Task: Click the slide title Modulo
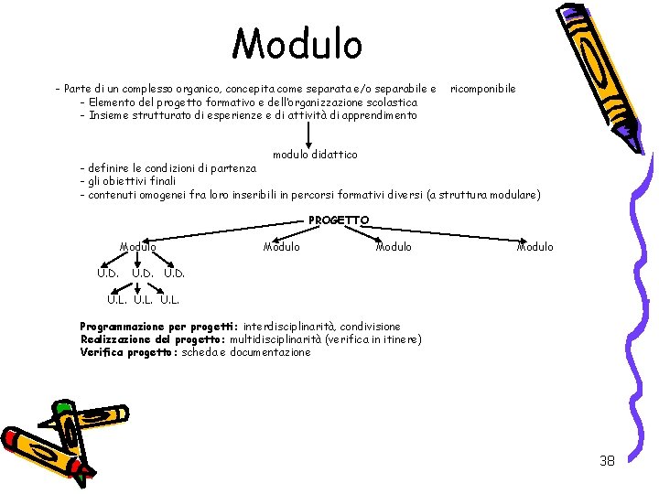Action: point(297,44)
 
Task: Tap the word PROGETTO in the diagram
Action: point(339,220)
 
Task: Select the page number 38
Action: point(607,460)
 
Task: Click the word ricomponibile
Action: point(482,89)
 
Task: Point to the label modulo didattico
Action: point(315,155)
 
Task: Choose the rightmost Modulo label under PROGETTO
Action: point(535,246)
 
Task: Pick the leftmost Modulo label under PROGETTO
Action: point(138,246)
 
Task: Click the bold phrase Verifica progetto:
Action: point(129,352)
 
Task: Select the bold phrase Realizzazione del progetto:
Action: point(153,339)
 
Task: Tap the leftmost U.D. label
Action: point(108,273)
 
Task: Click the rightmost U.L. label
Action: point(170,298)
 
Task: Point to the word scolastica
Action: point(394,102)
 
